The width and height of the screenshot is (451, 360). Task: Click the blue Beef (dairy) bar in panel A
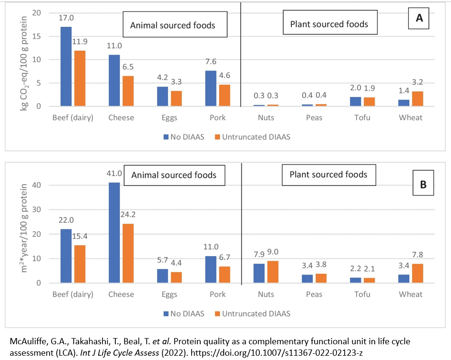66,66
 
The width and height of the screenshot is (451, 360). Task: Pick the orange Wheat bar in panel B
417,273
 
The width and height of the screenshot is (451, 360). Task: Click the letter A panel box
420,19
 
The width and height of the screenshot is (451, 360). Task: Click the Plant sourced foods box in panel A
329,24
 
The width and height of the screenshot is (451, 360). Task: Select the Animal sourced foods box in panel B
174,175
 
